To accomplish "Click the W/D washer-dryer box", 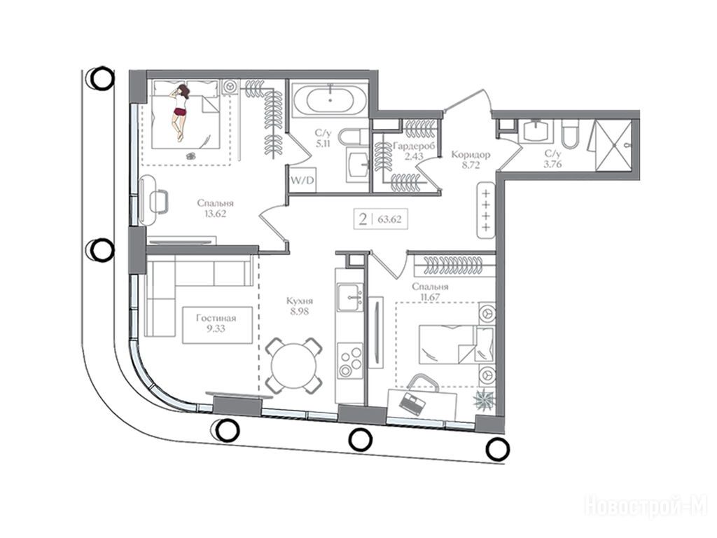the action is click(x=302, y=179).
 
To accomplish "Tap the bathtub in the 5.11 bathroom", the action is click(x=330, y=99).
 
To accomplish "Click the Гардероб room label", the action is click(x=414, y=146).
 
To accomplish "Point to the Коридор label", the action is click(x=471, y=155).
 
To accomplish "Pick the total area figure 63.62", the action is click(x=389, y=219).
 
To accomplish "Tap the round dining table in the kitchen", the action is click(x=294, y=365).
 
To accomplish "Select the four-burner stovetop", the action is click(x=350, y=361).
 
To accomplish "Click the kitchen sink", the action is click(x=350, y=298).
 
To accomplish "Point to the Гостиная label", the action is click(x=216, y=318).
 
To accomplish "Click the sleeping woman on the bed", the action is click(x=180, y=111).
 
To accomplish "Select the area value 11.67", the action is click(x=430, y=297).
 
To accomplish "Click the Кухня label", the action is click(x=300, y=301).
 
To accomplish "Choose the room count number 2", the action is click(x=363, y=219).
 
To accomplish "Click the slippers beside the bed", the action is click(x=192, y=156).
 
